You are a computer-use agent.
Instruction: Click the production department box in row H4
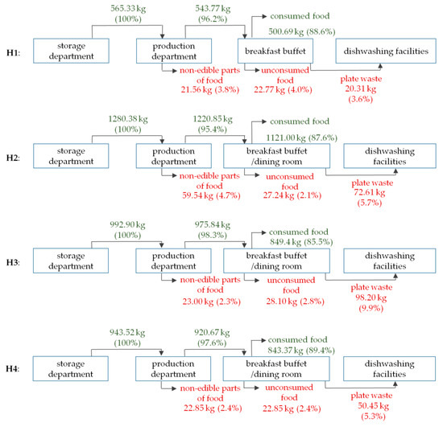(173, 371)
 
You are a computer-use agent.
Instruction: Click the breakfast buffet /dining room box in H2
(276, 158)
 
